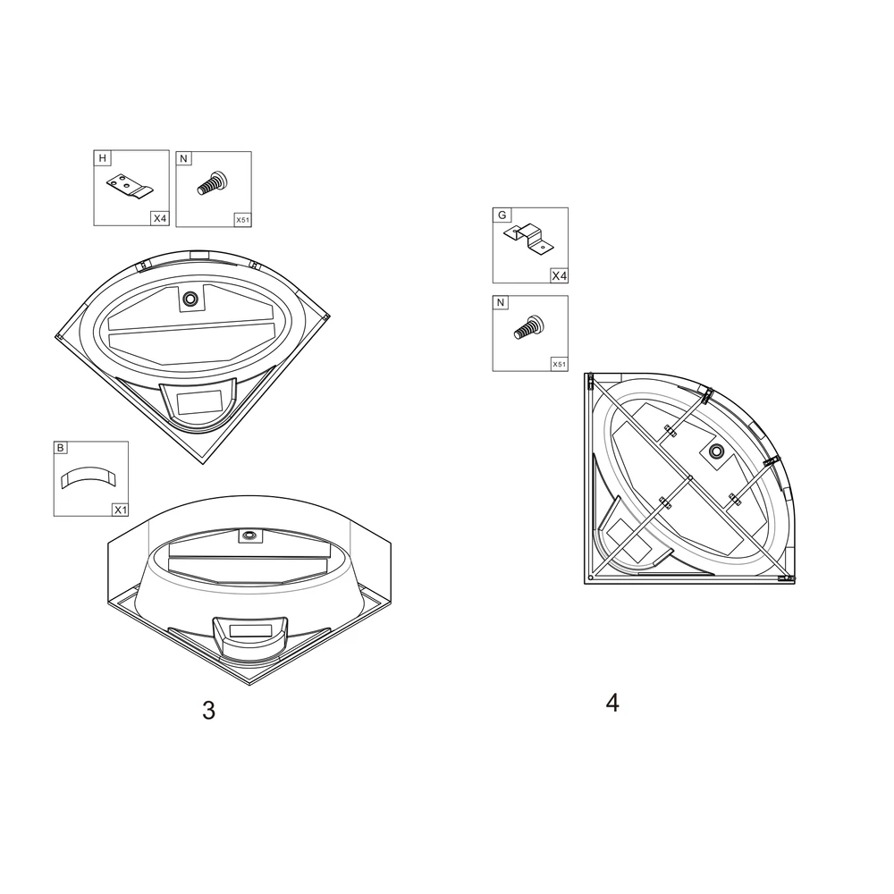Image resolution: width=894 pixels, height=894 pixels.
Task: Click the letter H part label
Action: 103,158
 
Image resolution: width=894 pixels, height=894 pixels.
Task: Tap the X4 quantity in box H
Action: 160,218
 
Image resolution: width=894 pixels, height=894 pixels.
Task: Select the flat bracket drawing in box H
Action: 130,187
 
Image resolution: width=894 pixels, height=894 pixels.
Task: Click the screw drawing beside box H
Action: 212,183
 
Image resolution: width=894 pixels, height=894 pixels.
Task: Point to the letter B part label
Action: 61,448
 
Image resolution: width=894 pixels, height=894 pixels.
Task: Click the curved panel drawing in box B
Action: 89,477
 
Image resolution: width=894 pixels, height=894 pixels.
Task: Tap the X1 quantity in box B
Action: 121,510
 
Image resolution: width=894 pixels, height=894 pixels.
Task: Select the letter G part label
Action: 502,215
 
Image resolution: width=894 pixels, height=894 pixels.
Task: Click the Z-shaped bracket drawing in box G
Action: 529,239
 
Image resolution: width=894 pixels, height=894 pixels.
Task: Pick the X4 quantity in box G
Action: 560,276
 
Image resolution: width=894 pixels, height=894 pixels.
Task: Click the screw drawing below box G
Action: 529,328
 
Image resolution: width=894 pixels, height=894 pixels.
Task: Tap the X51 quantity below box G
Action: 560,365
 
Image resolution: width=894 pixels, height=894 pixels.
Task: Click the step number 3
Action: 208,711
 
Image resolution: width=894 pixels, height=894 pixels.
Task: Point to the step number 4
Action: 612,703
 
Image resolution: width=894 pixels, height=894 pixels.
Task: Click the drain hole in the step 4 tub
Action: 716,451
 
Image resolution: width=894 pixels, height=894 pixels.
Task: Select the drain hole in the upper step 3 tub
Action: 190,299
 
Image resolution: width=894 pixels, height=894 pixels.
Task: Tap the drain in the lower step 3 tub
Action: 249,535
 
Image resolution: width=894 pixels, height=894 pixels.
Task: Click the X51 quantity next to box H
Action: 243,220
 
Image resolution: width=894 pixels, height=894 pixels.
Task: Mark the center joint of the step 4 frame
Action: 690,477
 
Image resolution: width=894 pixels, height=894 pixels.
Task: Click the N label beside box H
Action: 183,158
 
